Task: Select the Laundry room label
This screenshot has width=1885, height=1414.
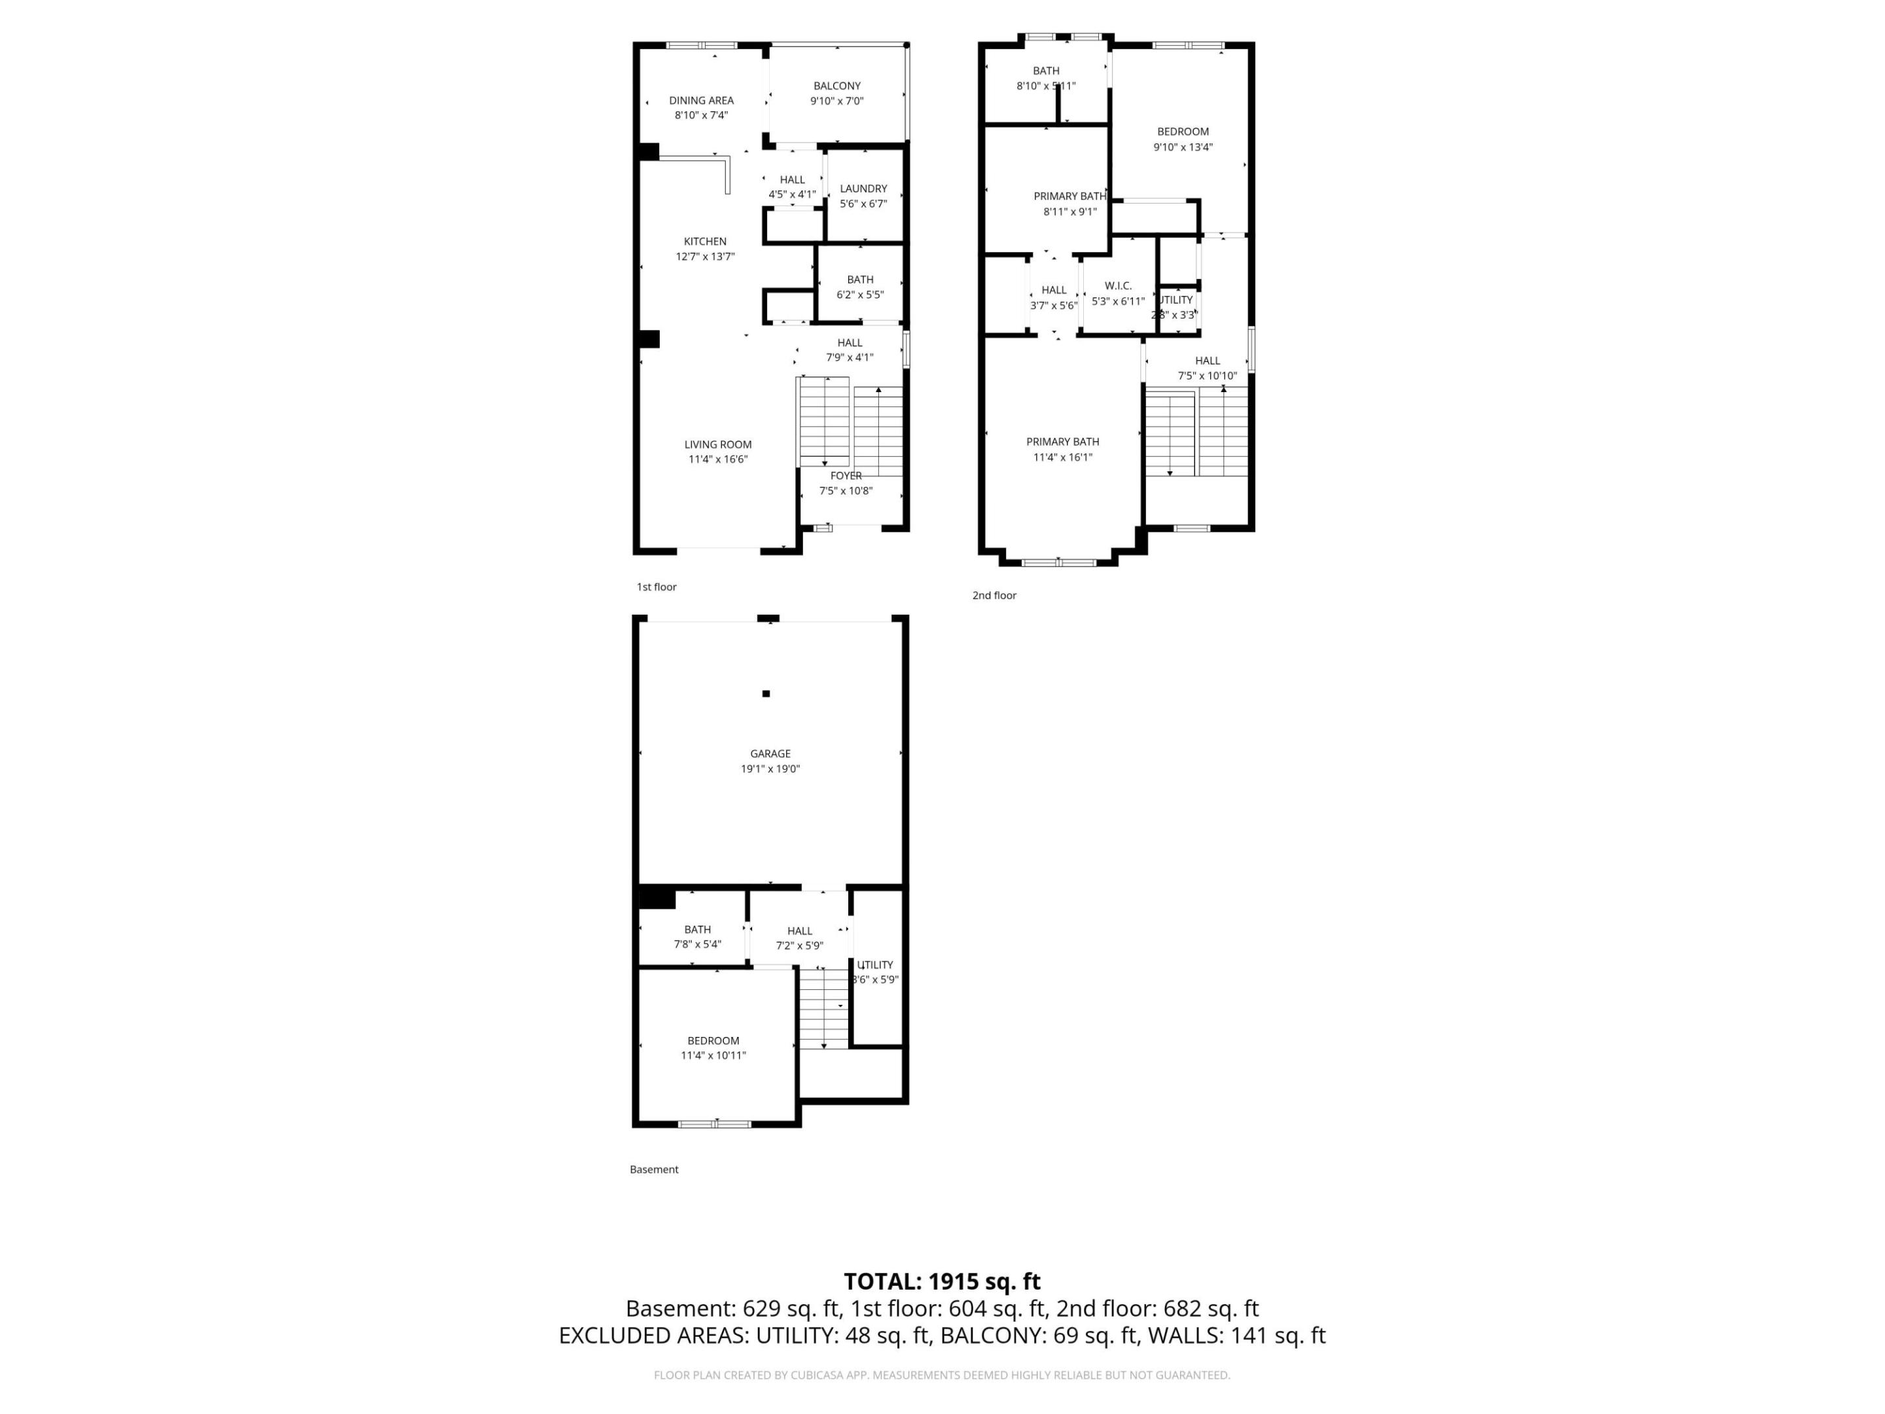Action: pos(863,189)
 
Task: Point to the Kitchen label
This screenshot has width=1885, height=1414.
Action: pos(705,241)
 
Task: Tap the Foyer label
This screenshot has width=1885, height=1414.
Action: pos(846,476)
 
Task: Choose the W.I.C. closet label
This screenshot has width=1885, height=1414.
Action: pos(1117,285)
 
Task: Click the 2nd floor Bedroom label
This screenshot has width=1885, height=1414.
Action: pos(1182,132)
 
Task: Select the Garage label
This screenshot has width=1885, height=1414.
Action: pos(770,753)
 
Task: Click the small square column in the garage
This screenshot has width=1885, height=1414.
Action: pos(766,694)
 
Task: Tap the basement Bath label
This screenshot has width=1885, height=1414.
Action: pos(697,929)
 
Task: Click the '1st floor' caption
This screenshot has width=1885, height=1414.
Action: pos(656,587)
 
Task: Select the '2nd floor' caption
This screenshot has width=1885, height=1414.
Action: pos(994,596)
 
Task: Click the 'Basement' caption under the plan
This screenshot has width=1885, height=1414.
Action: pos(654,1169)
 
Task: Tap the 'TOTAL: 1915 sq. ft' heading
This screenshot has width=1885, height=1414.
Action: pos(942,1281)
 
